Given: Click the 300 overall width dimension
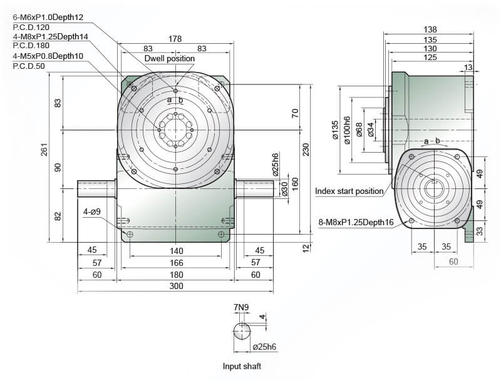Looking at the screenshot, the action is [x=176, y=285].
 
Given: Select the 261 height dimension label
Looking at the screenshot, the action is [x=44, y=150].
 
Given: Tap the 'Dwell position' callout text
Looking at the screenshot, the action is [x=169, y=58].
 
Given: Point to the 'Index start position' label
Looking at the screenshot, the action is [x=349, y=191].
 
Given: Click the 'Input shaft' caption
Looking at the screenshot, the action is [x=242, y=366].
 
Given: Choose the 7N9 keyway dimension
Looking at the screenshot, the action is [x=241, y=307].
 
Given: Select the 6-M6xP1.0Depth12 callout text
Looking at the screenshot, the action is [x=48, y=17].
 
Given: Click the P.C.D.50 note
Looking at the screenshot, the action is [x=29, y=66].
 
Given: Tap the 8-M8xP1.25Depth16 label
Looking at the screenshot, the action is [x=356, y=222].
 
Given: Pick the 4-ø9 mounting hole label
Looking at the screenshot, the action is [x=92, y=211].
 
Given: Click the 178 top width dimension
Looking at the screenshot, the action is [x=175, y=39].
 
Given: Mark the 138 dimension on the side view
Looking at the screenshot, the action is [x=430, y=29].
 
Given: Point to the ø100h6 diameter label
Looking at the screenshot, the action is [x=347, y=130].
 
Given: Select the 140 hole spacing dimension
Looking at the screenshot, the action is [x=176, y=251].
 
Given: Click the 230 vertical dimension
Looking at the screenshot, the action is [x=306, y=150].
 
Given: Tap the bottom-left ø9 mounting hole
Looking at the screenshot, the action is [x=130, y=235].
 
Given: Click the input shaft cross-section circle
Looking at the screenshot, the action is [x=242, y=331].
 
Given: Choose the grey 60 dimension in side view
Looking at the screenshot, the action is [x=453, y=262].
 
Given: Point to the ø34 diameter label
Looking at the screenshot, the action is [x=371, y=130].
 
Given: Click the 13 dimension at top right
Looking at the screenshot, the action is [x=468, y=68].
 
